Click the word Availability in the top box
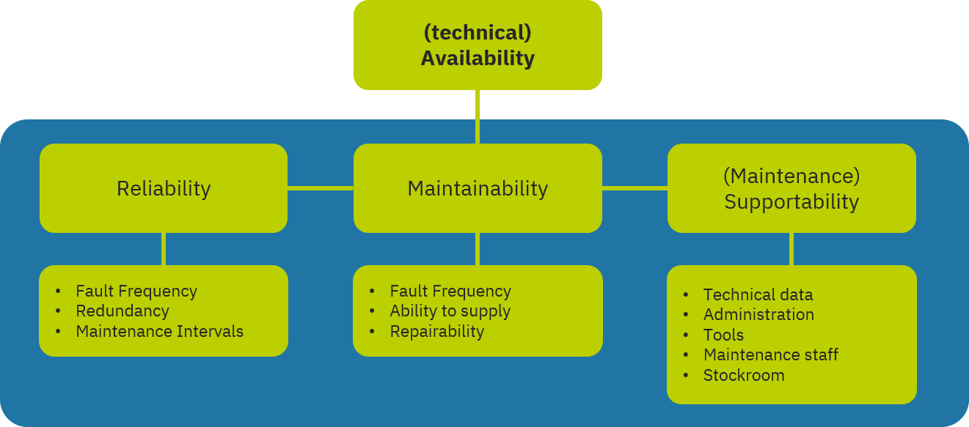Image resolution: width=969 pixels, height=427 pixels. point(478,59)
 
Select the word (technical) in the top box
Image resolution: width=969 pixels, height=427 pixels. point(478,33)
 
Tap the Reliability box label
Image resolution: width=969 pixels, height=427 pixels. point(164,189)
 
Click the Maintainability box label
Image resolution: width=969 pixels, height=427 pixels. point(478,189)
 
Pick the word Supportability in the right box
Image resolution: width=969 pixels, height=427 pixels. point(791,202)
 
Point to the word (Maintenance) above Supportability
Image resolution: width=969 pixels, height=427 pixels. point(791,177)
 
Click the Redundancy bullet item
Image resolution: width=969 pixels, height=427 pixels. point(123,311)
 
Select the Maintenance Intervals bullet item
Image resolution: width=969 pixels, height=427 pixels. point(159,332)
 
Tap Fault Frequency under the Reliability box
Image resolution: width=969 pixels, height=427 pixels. point(136,292)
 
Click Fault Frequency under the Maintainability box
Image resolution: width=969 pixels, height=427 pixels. point(450,292)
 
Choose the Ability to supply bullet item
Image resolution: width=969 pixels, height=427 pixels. point(450,311)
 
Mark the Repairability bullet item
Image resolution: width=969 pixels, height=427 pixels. point(436,332)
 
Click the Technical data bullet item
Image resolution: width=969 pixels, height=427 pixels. point(758,295)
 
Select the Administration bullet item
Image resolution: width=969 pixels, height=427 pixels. point(758,315)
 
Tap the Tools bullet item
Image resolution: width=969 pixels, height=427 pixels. point(723,335)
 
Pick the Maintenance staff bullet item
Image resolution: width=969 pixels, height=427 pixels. point(770,355)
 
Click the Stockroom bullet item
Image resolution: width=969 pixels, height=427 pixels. point(744,376)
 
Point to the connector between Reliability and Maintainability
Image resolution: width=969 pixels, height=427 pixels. point(320,188)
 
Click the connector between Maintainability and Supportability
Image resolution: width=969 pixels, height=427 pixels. point(635,188)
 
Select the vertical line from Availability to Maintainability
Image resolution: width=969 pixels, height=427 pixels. point(478,116)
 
